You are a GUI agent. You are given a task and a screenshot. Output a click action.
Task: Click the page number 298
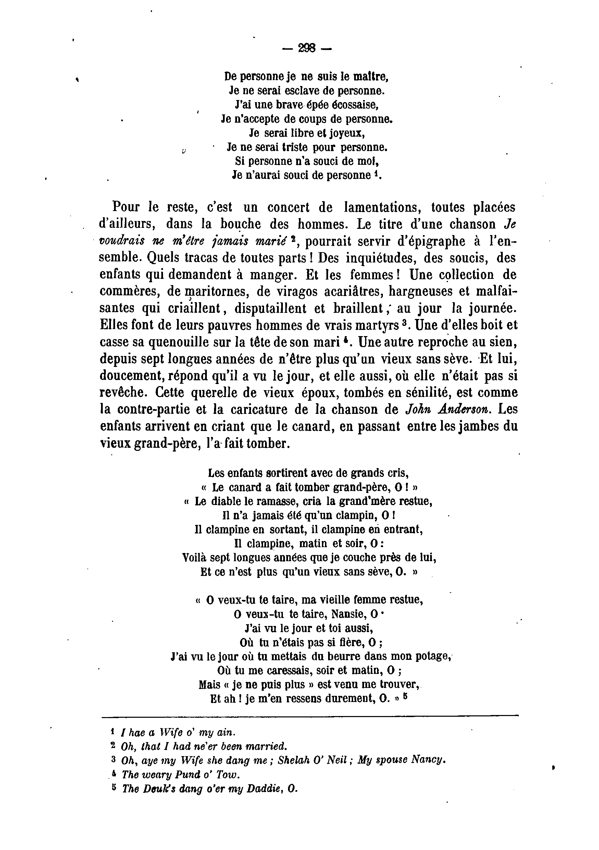(x=307, y=48)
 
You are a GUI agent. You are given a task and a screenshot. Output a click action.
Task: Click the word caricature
(x=276, y=409)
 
